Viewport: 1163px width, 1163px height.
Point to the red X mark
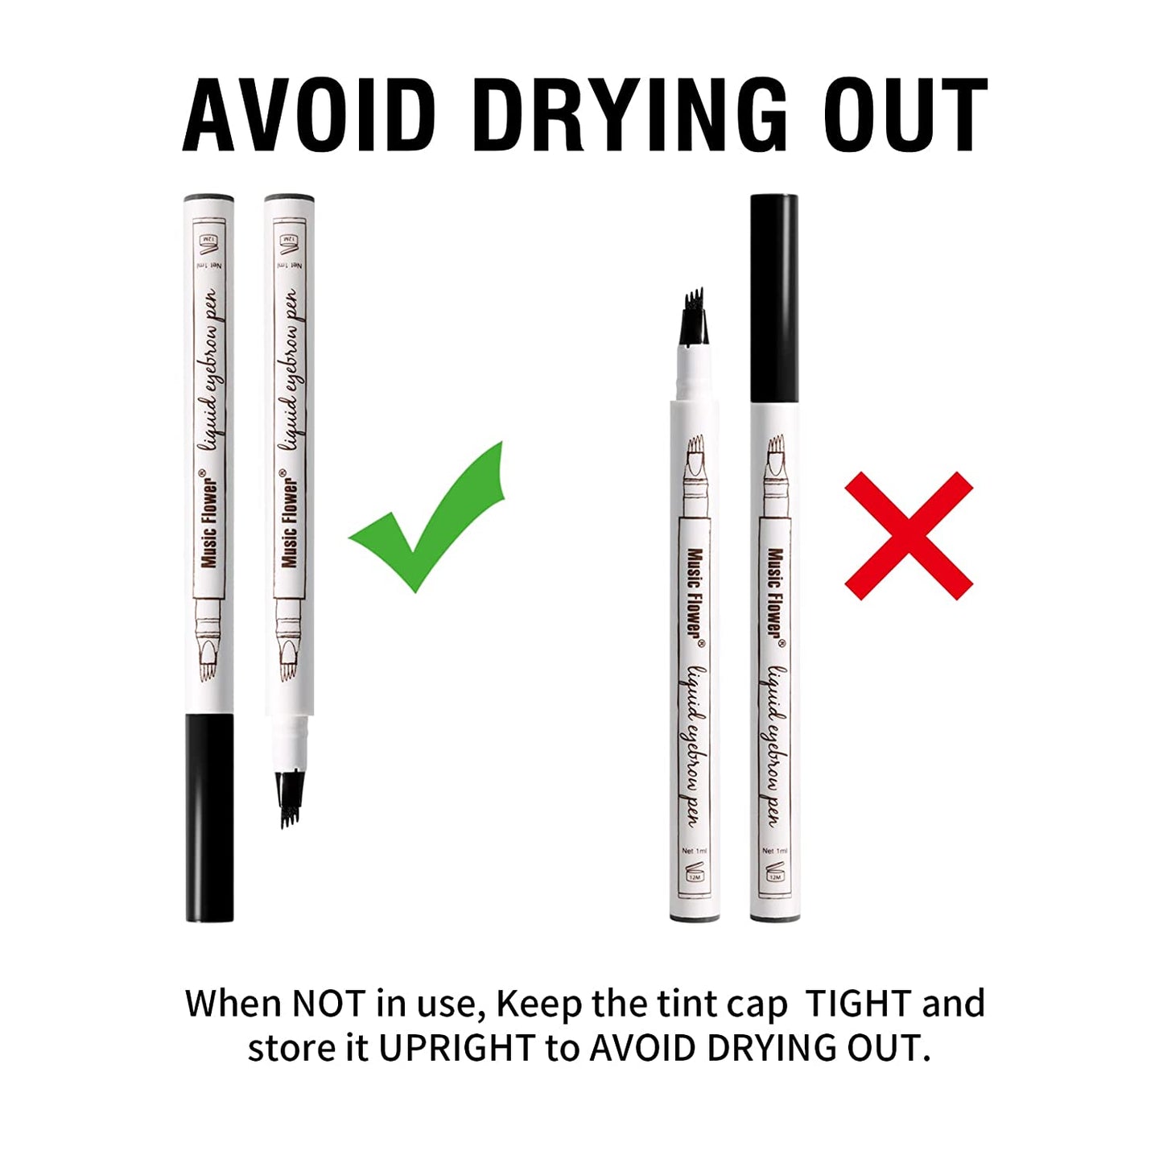coord(909,536)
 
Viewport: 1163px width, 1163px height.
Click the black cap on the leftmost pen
coord(209,819)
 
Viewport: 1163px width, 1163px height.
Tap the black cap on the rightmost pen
coord(773,299)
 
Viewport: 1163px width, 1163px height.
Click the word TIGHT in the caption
coord(858,1003)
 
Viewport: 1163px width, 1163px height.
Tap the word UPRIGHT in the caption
coord(457,1048)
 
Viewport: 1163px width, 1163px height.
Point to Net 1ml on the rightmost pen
coord(776,851)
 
